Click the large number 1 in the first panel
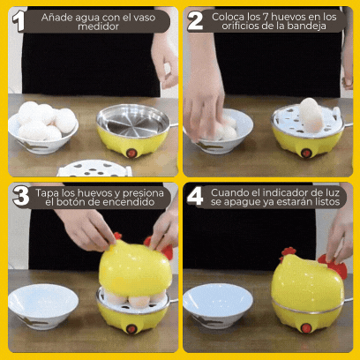click(19, 21)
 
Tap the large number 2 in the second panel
click(195, 20)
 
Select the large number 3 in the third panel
click(21, 196)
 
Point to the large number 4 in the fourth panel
click(195, 196)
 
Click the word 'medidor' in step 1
click(98, 26)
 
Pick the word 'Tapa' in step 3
click(48, 193)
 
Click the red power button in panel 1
click(131, 153)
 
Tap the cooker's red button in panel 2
click(306, 153)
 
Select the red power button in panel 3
click(131, 329)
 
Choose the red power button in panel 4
click(306, 327)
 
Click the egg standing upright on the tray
click(311, 115)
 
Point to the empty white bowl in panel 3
click(43, 306)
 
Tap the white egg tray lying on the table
click(94, 169)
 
